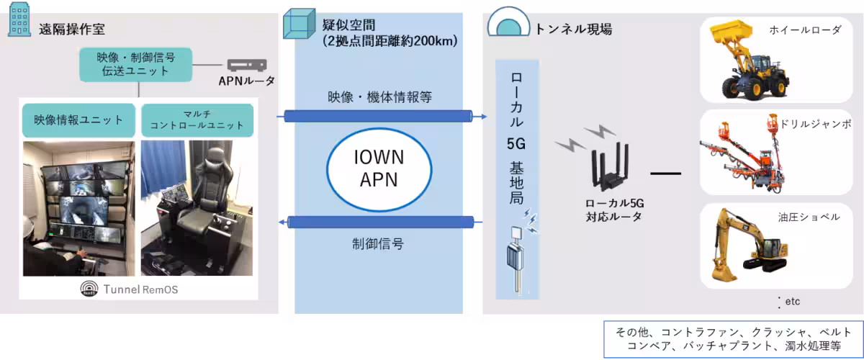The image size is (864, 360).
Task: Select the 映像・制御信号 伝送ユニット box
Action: click(136, 63)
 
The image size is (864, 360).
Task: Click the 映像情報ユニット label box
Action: click(78, 120)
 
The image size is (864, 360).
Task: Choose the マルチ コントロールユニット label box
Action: click(197, 120)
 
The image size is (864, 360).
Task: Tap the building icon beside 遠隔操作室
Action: click(17, 25)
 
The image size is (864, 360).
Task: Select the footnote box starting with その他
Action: click(732, 338)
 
